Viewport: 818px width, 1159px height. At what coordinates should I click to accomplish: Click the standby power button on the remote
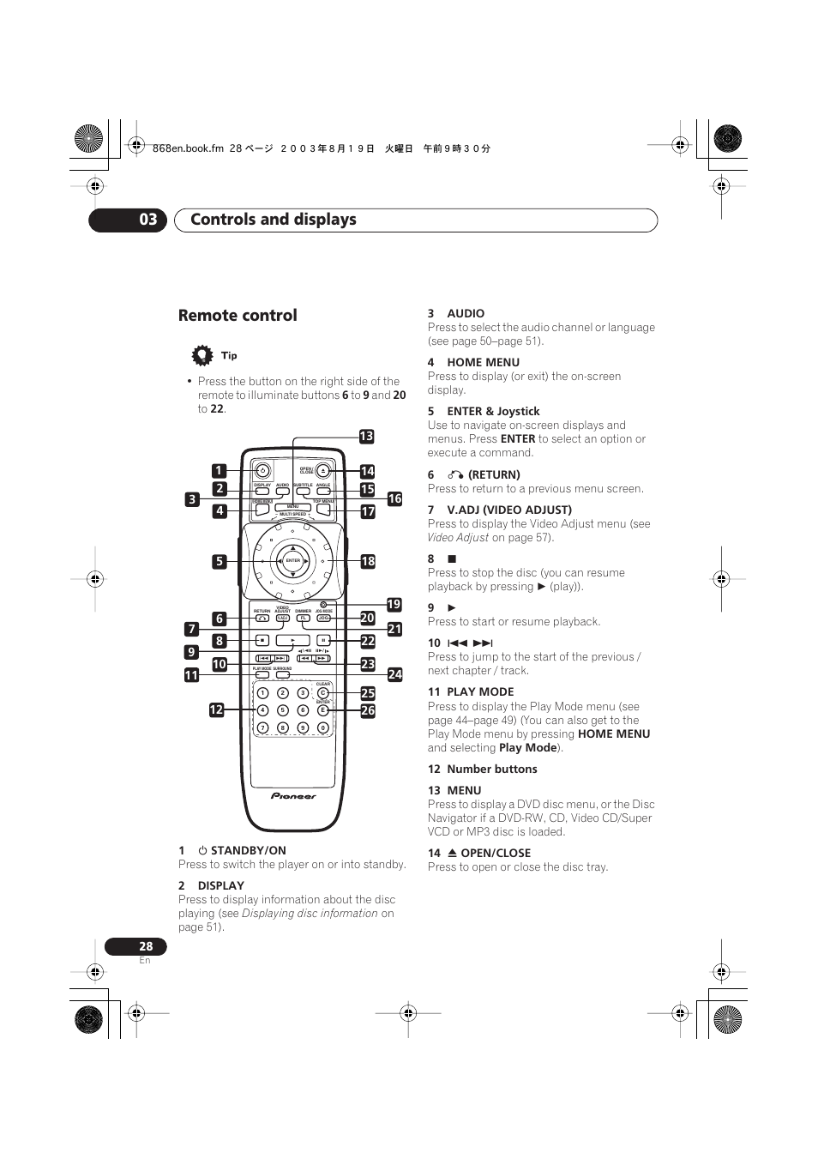click(x=263, y=471)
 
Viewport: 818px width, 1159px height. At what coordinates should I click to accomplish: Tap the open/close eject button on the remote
click(x=322, y=471)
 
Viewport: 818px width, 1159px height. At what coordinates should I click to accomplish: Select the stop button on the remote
click(x=262, y=640)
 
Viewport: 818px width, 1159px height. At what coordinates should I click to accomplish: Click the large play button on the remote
click(x=292, y=640)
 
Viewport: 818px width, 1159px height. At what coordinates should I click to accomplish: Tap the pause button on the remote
click(x=323, y=640)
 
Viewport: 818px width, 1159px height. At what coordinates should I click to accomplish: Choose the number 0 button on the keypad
click(x=323, y=727)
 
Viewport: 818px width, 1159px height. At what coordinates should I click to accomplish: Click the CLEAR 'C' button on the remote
click(x=323, y=693)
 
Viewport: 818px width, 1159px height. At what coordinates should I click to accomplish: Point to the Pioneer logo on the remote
click(x=293, y=796)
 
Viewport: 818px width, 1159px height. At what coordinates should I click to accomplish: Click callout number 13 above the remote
click(x=366, y=437)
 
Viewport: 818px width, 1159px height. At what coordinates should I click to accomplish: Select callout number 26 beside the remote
click(x=368, y=710)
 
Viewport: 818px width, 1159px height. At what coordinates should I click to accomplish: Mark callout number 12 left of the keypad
click(x=216, y=710)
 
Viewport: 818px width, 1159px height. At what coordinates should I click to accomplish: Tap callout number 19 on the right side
click(x=394, y=605)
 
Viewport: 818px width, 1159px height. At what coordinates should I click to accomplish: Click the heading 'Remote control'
click(x=238, y=316)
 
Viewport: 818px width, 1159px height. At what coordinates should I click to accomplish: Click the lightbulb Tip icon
click(x=202, y=355)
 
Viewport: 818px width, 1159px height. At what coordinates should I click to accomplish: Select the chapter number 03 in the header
click(x=148, y=220)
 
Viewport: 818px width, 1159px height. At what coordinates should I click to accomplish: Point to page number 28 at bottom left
click(x=146, y=946)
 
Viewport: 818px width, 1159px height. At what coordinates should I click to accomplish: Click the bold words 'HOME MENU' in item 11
click(x=614, y=734)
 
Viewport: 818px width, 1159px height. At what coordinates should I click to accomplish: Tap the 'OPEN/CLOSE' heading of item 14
click(x=496, y=854)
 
